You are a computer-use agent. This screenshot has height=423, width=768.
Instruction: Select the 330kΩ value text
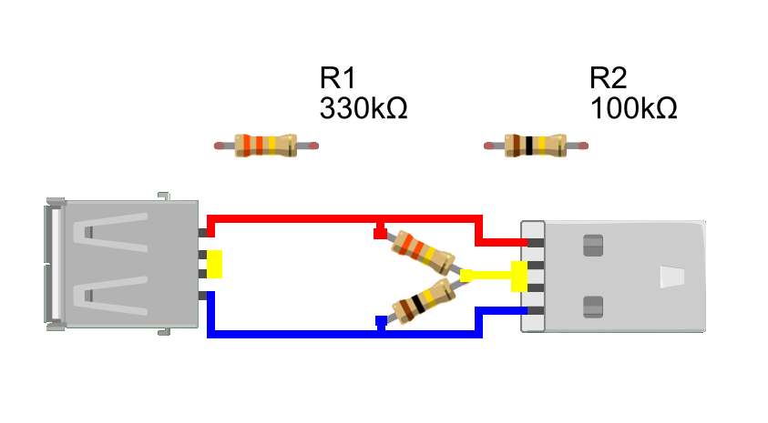pos(363,109)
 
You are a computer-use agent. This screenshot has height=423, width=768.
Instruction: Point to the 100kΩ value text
pos(633,109)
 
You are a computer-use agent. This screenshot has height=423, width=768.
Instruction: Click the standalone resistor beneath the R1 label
pos(266,146)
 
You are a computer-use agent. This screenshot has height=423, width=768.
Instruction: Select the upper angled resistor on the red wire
pos(424,253)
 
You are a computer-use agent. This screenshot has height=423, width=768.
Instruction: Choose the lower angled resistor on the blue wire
pos(424,297)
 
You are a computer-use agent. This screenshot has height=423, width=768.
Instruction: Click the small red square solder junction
pos(380,234)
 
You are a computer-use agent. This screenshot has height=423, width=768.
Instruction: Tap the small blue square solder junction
pos(381,320)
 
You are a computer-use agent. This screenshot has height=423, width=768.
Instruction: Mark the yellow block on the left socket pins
pos(215,264)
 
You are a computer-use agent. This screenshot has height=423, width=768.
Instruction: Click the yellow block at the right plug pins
pos(519,276)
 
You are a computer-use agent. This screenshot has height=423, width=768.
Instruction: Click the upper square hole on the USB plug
pos(592,244)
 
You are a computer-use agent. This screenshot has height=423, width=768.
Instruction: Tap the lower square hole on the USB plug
pos(592,307)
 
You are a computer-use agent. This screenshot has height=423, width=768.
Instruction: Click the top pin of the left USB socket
pos(203,234)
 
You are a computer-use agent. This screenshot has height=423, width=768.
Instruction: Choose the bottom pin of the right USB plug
pos(535,311)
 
